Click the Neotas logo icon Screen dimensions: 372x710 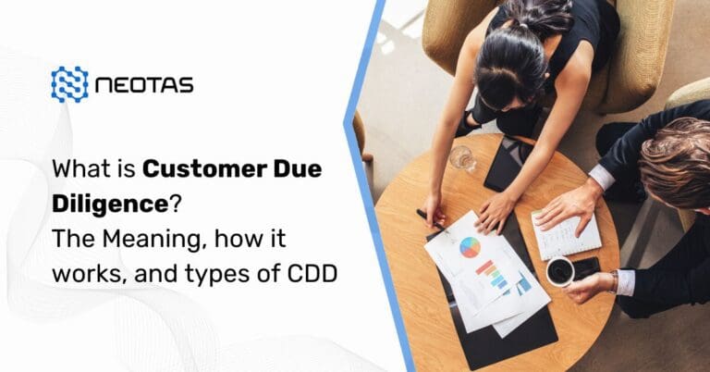pyautogui.click(x=70, y=84)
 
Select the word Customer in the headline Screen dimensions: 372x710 pyautogui.click(x=189, y=170)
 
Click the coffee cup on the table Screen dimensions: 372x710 pyautogui.click(x=561, y=272)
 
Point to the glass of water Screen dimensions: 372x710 pyautogui.click(x=462, y=158)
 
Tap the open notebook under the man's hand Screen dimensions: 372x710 pyautogui.click(x=565, y=233)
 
